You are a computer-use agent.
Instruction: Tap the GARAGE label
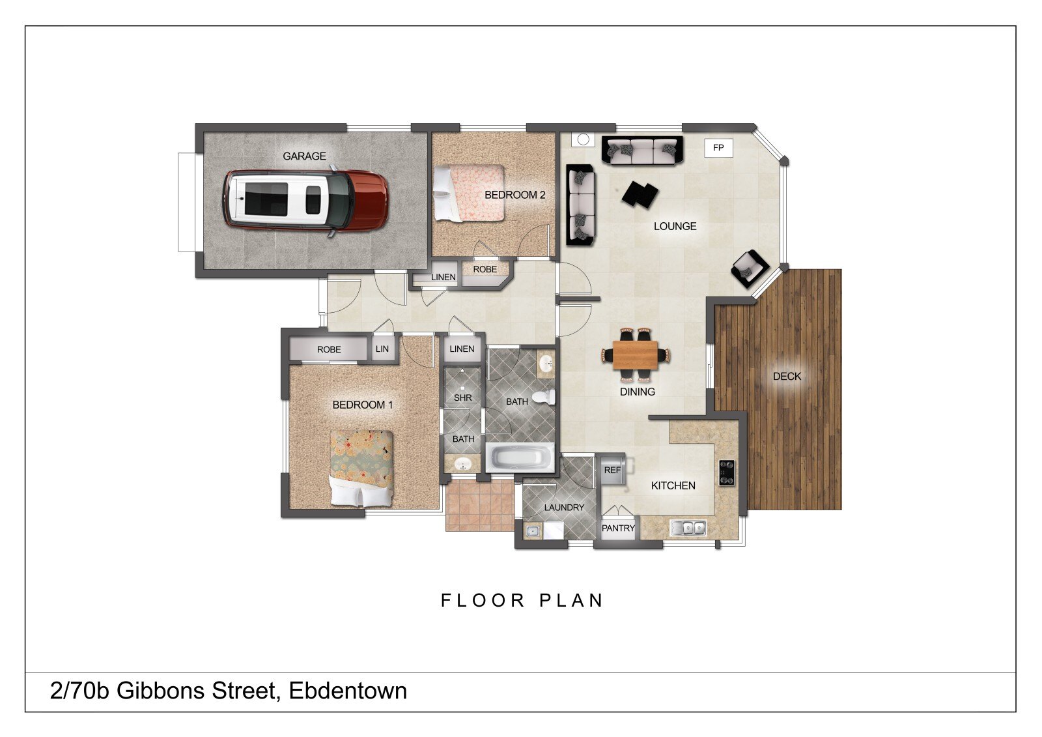tap(304, 156)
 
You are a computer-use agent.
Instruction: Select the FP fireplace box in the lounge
tap(718, 147)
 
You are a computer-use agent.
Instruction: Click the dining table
tap(636, 354)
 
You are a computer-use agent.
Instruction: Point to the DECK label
tap(787, 376)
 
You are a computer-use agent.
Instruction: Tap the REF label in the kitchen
tap(612, 470)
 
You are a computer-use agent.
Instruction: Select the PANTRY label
tap(618, 528)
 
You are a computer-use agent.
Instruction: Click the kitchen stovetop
tap(727, 472)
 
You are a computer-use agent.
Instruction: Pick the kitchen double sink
tap(688, 528)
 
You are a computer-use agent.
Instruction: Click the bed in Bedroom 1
tap(361, 468)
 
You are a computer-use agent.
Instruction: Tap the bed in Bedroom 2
tap(469, 193)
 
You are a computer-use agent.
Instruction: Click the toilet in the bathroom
tap(544, 397)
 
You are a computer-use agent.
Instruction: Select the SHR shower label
tap(463, 397)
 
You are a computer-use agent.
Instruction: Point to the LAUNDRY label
tap(564, 508)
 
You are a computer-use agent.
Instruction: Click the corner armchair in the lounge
tap(750, 268)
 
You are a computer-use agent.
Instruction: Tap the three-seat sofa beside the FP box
tap(642, 151)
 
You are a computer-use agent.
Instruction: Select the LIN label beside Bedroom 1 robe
tap(382, 349)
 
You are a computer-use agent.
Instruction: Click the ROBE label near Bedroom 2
tap(485, 269)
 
